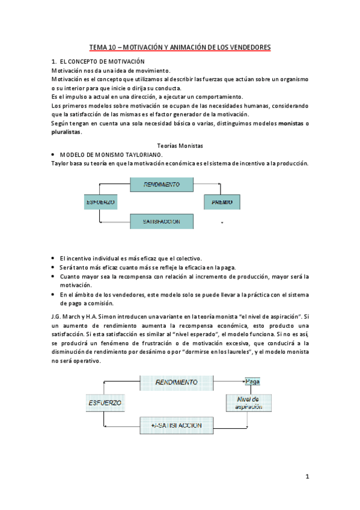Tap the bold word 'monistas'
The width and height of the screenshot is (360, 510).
[x=291, y=123]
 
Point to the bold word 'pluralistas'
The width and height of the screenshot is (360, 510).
[x=66, y=132]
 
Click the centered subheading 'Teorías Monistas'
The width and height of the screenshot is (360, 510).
[x=180, y=146]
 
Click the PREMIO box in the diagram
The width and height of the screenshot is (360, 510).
[x=222, y=203]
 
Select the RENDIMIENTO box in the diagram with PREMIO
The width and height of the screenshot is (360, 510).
[x=162, y=184]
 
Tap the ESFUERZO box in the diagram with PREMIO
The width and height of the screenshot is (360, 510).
[x=99, y=203]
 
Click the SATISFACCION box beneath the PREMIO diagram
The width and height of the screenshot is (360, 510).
[x=162, y=221]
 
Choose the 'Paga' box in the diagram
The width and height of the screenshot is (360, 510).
[x=251, y=381]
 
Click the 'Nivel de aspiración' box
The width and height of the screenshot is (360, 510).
[x=248, y=403]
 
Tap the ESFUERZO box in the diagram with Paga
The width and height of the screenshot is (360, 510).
[x=104, y=402]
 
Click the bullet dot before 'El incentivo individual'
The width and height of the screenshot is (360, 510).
[x=53, y=257]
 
